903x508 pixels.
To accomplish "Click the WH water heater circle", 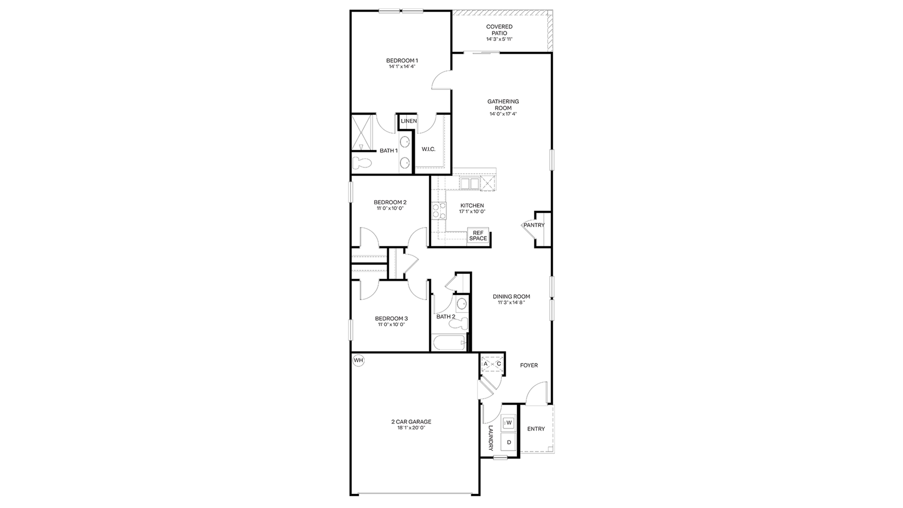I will tap(358, 360).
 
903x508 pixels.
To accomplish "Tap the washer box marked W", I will tap(508, 423).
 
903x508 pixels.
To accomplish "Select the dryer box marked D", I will tap(508, 442).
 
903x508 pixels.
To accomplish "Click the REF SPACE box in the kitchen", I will tap(478, 236).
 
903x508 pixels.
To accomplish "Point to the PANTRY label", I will tap(534, 225).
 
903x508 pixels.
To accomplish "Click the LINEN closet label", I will tap(409, 121).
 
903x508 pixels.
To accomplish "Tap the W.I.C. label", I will tap(428, 149).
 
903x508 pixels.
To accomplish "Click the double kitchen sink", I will tap(470, 183).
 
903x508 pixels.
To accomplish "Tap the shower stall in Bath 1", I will tap(361, 132).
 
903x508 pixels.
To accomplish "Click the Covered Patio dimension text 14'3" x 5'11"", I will tap(499, 39).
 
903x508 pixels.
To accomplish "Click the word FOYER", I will tap(529, 365).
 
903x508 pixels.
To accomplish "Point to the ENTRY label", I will tap(536, 429).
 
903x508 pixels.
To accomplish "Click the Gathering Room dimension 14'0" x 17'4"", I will tap(503, 114).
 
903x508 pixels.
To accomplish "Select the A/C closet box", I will tap(492, 364).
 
